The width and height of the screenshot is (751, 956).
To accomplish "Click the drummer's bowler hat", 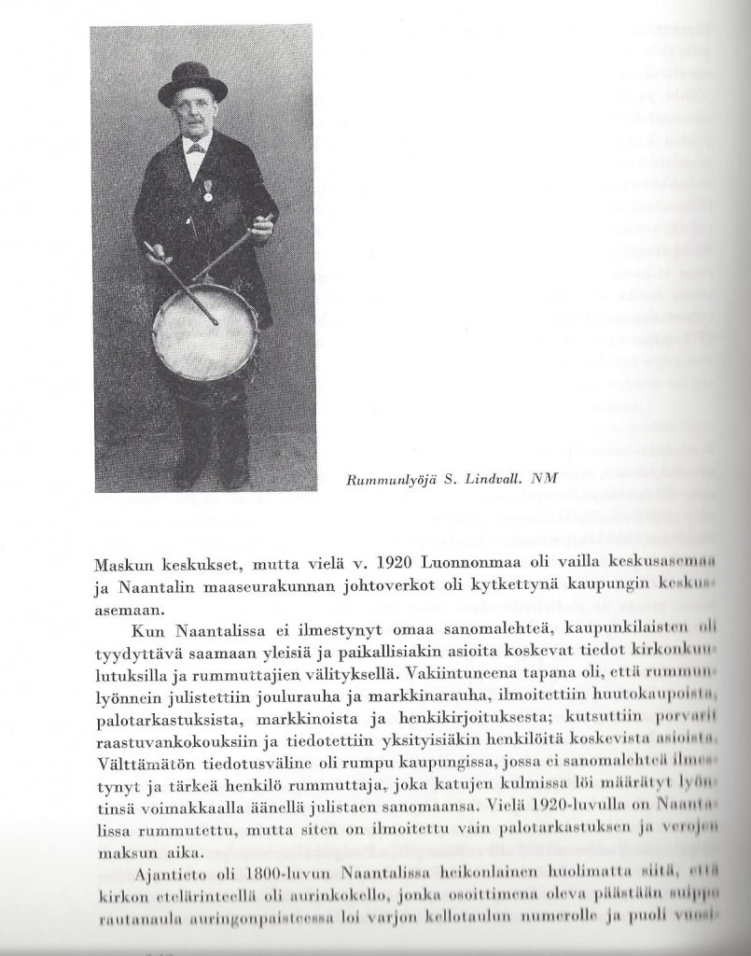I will tap(193, 83).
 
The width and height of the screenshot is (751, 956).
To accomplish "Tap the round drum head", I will tap(205, 330).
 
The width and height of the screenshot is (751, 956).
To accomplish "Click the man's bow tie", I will tap(195, 148).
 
